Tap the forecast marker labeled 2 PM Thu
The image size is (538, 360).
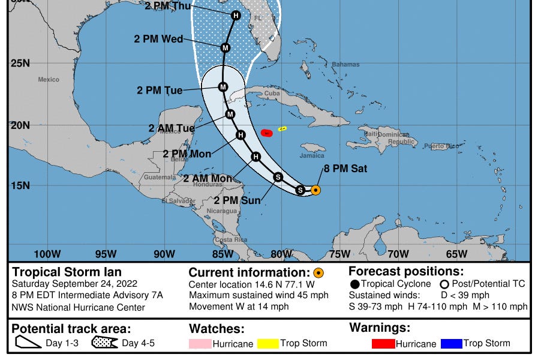tap(236, 16)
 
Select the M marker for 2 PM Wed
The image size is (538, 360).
tap(226, 47)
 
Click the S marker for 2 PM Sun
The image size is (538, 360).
tap(278, 177)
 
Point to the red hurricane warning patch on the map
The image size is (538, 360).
tap(267, 133)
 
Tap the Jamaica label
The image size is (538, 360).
tap(312, 155)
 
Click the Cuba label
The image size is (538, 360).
tap(272, 94)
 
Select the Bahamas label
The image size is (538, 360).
tap(345, 65)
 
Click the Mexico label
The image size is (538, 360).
tap(49, 79)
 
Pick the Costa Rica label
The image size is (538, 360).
tap(231, 239)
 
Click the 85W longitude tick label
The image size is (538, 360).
tap(223, 254)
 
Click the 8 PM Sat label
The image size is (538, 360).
tap(345, 169)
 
